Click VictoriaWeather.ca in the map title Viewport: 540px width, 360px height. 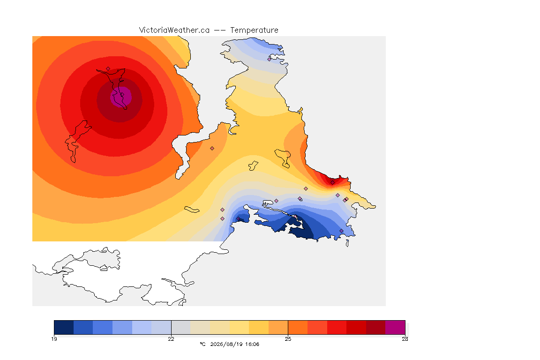(x=174, y=30)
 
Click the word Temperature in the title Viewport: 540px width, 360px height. (x=254, y=30)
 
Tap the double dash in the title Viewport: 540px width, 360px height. (x=220, y=30)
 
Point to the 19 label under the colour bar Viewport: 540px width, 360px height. (x=54, y=339)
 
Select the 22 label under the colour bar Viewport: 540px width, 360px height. (x=171, y=339)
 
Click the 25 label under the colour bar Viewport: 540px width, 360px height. (x=288, y=339)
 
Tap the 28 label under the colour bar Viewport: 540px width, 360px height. (x=405, y=339)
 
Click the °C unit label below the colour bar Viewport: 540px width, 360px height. (x=202, y=344)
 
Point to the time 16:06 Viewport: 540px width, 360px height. (x=252, y=344)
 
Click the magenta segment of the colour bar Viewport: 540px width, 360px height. (x=395, y=327)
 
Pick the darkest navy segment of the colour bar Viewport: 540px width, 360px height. (x=64, y=327)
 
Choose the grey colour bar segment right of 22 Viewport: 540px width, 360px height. (x=181, y=327)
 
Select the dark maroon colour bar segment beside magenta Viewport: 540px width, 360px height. (x=376, y=327)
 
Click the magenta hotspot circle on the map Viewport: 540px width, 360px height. (x=121, y=97)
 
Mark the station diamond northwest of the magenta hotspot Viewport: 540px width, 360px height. (x=108, y=69)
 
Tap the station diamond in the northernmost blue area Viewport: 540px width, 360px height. (x=270, y=59)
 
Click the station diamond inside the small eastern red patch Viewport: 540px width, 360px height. (x=332, y=183)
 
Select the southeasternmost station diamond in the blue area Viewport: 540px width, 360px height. (x=341, y=231)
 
